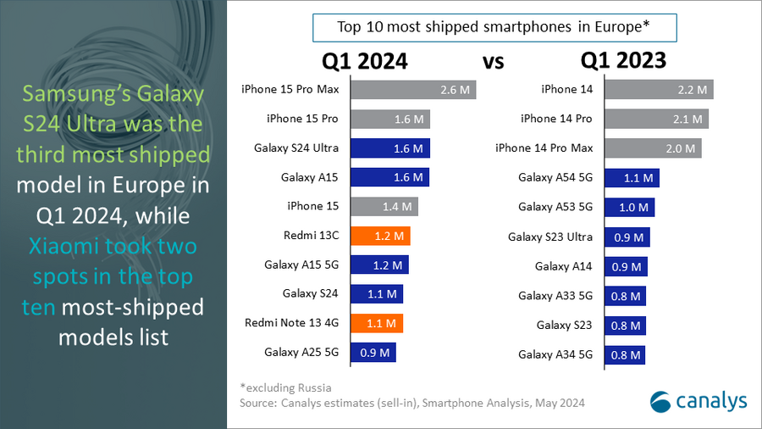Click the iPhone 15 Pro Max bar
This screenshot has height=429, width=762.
click(x=412, y=90)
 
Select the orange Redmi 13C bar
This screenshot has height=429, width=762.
click(x=380, y=236)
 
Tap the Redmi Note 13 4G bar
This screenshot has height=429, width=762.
click(x=376, y=323)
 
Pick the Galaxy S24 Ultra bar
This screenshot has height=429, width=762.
click(x=389, y=148)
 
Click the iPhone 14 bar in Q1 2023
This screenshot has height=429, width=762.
click(x=660, y=90)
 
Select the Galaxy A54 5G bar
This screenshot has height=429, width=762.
click(x=632, y=178)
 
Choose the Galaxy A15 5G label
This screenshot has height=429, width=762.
click(x=301, y=265)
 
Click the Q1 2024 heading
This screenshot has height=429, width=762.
click(x=364, y=61)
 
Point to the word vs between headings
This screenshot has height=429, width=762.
click(x=494, y=62)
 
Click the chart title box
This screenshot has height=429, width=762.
click(x=494, y=27)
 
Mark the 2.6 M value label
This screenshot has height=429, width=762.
click(x=458, y=90)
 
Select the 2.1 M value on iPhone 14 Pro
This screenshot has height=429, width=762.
click(x=690, y=120)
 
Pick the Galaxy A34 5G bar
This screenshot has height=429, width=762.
click(x=626, y=354)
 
